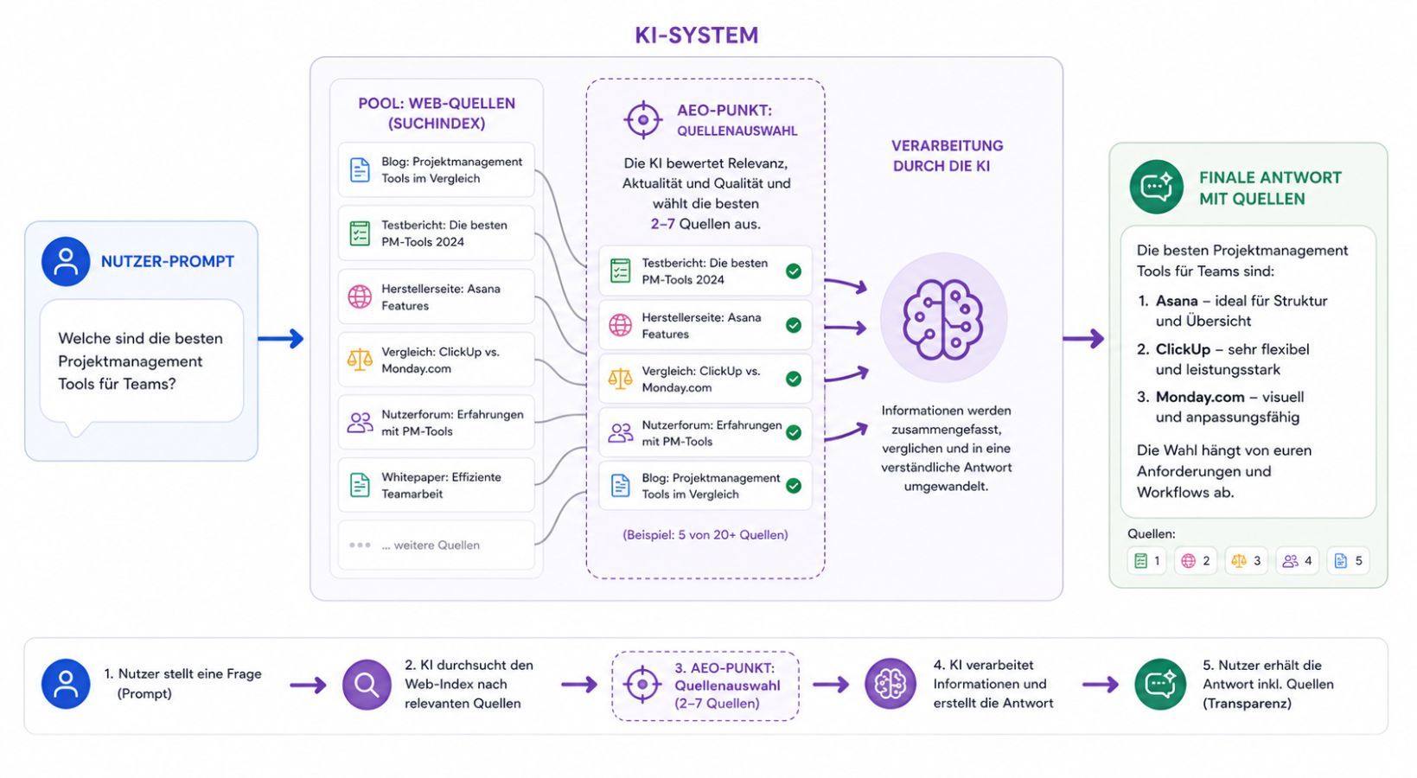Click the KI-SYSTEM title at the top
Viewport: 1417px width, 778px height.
[696, 35]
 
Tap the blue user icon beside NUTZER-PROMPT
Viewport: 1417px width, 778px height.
[66, 261]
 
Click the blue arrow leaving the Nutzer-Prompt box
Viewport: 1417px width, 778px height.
[282, 339]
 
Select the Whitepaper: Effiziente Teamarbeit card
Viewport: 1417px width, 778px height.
[436, 485]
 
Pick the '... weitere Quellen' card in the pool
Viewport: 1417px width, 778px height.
[436, 545]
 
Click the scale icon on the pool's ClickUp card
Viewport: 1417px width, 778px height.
[360, 360]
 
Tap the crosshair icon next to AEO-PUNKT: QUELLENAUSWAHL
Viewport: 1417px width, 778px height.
[642, 119]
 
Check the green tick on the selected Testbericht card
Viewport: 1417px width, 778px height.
[793, 271]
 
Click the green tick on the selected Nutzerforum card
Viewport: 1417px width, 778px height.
[793, 432]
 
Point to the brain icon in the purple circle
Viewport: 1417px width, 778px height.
[943, 319]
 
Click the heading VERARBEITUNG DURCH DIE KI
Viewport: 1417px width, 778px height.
[947, 156]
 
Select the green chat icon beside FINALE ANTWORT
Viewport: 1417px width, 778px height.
[1156, 187]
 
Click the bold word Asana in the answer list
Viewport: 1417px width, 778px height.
[1177, 301]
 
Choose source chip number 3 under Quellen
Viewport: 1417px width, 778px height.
[1246, 561]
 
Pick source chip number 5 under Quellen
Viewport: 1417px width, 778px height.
[1348, 561]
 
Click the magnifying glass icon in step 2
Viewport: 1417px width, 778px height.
[367, 685]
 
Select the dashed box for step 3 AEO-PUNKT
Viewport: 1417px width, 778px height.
[705, 686]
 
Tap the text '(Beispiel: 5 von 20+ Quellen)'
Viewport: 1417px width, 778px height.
[705, 535]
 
